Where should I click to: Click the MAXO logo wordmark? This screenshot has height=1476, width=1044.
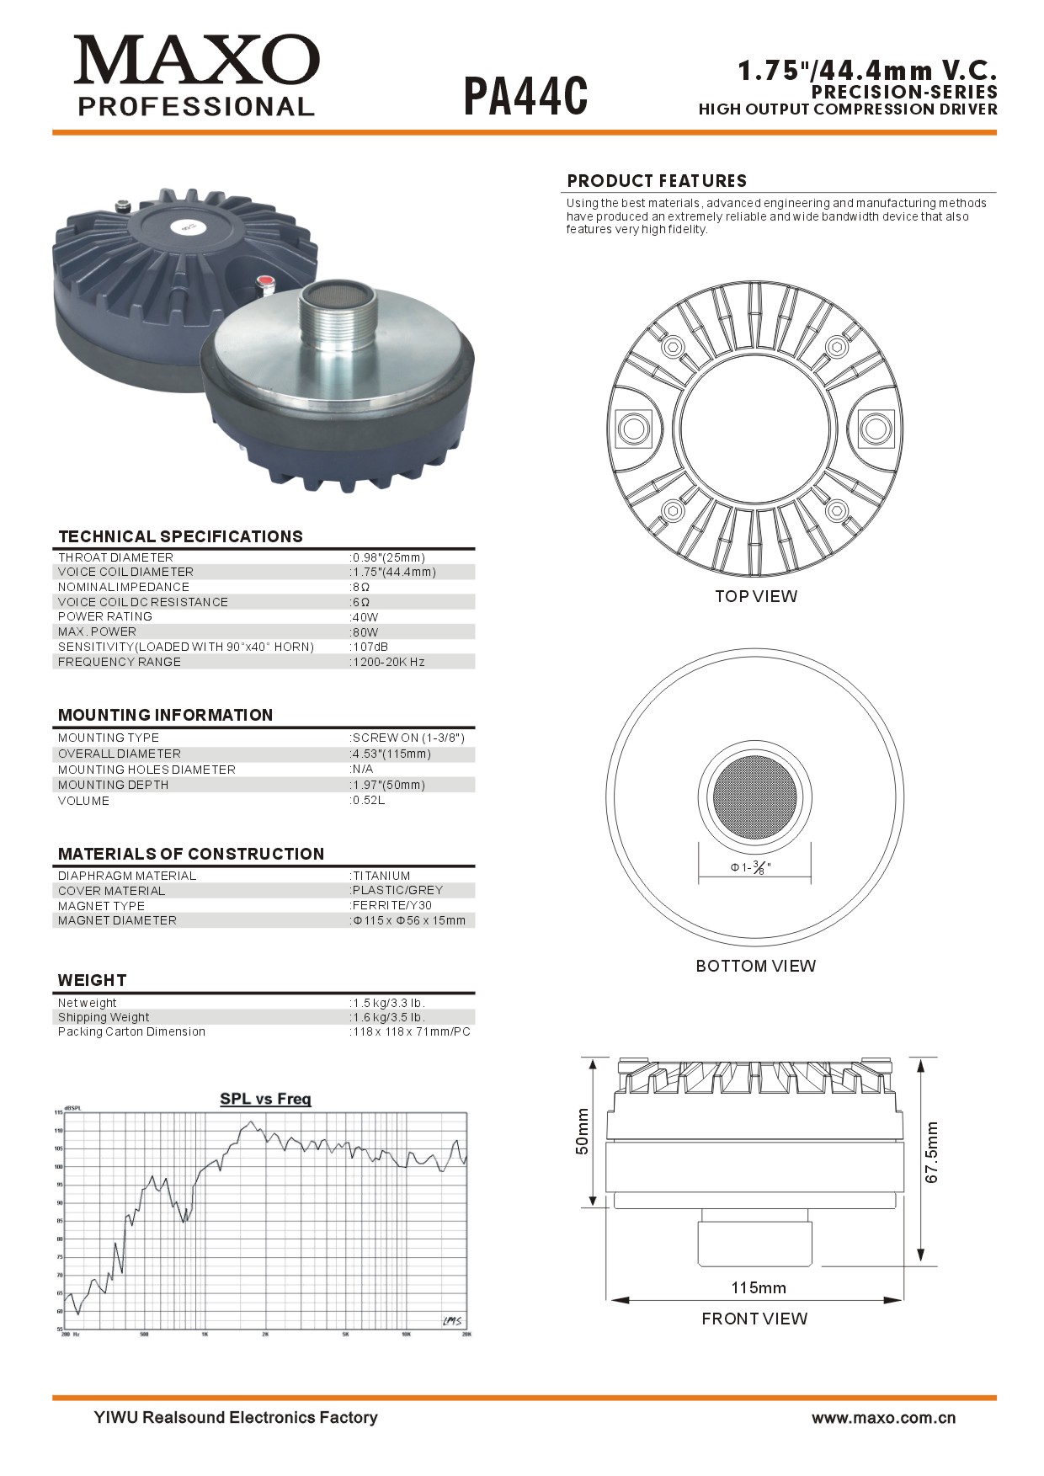coord(196,61)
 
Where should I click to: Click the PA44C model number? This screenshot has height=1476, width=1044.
coord(525,96)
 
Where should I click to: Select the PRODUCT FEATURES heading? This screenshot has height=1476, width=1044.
coord(657,181)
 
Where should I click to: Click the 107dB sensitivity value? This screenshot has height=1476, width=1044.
coord(370,647)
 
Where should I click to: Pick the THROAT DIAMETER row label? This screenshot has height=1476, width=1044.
coord(115,557)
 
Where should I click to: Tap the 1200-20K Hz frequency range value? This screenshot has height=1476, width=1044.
coord(388,662)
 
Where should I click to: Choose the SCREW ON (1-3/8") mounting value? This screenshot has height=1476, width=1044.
coord(407,738)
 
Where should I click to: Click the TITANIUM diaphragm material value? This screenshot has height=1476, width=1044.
coord(381,876)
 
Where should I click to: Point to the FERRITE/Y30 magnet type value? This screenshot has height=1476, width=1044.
coord(391,905)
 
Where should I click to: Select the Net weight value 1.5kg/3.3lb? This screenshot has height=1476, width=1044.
coord(388,1003)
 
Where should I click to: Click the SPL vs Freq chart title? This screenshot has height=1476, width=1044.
coord(265,1099)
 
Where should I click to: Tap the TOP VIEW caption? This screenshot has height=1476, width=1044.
coord(755,596)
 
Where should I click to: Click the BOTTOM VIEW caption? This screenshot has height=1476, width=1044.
coord(755,966)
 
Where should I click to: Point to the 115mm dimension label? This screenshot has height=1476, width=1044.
coord(758,1287)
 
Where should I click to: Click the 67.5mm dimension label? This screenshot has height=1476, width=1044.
coord(931,1152)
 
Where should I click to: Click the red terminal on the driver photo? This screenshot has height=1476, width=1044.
coord(264,281)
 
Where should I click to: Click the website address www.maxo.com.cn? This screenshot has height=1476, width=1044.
coord(883,1418)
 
